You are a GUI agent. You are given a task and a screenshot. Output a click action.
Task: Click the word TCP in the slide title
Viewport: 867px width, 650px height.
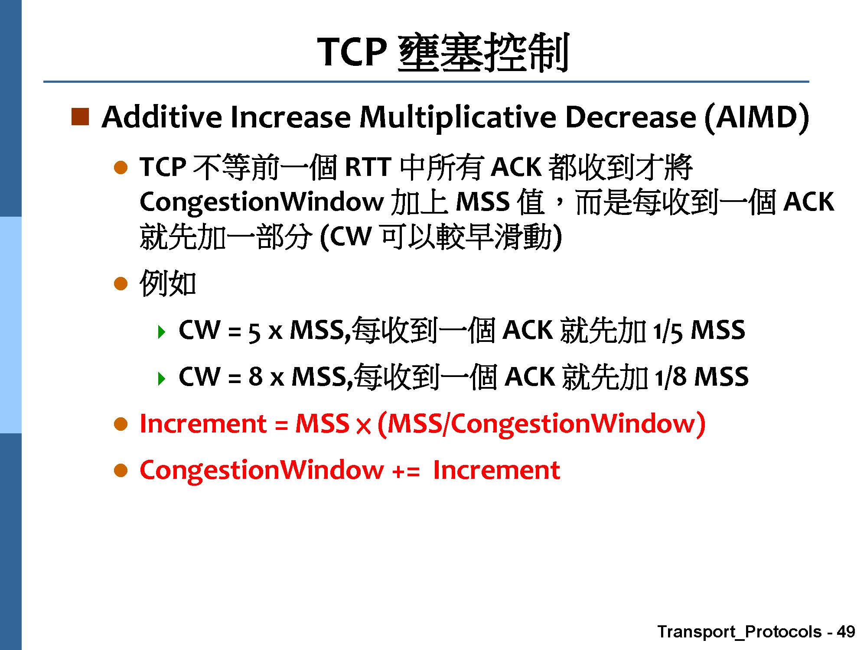tap(352, 52)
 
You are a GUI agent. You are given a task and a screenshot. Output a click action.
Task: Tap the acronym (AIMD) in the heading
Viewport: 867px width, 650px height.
tap(757, 117)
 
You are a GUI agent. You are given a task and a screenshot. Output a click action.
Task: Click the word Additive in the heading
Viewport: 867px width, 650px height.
tap(161, 117)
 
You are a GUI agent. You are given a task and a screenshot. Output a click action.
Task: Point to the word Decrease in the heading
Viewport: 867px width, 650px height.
tap(631, 117)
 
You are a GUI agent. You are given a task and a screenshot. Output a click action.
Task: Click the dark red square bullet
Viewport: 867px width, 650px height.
tap(80, 117)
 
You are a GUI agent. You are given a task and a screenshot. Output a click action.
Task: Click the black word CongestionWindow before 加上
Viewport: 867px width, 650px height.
tap(261, 202)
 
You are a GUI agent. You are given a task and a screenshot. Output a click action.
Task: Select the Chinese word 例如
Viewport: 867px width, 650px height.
tap(168, 284)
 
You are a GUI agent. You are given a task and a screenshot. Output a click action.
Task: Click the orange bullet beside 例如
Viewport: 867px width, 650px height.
tap(121, 284)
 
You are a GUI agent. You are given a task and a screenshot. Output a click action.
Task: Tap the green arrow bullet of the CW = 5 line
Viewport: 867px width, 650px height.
tap(162, 332)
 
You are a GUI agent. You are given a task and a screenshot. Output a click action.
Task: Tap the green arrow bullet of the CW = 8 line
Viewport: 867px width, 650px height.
tap(162, 379)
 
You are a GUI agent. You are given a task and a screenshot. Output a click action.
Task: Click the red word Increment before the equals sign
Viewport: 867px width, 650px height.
tap(203, 423)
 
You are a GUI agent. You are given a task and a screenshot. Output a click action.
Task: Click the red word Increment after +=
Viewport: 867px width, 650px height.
tap(496, 470)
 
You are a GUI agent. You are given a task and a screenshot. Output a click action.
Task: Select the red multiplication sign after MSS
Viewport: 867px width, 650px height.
tap(363, 426)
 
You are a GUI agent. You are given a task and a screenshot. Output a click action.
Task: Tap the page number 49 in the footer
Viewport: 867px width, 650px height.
tap(846, 631)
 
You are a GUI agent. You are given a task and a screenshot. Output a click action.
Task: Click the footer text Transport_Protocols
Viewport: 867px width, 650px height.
tap(739, 632)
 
